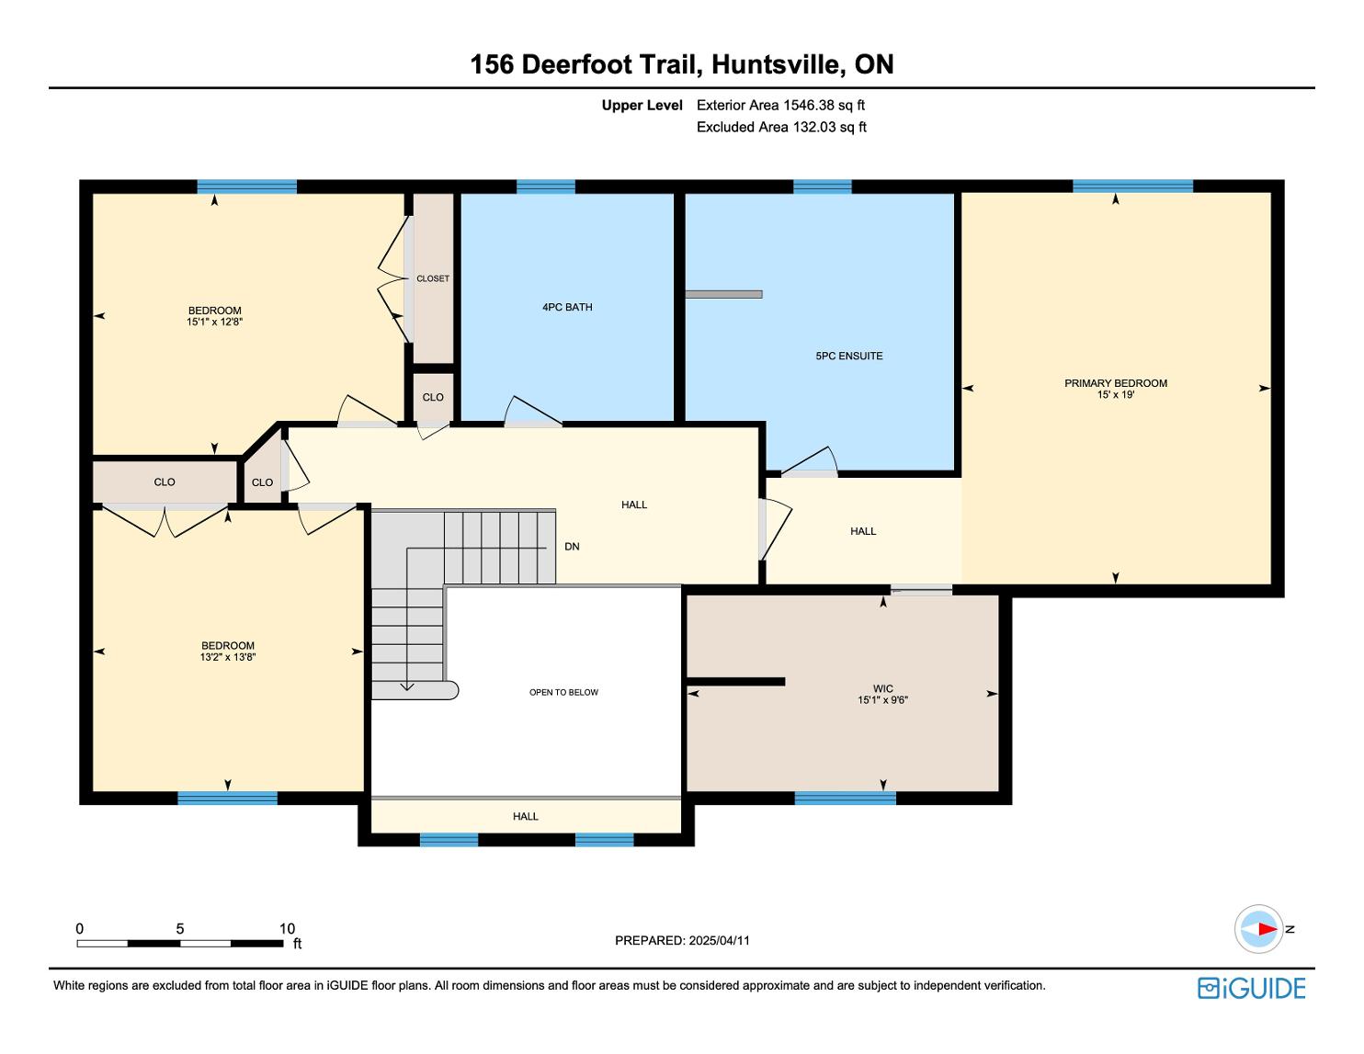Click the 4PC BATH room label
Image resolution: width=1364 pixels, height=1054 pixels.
pyautogui.click(x=567, y=307)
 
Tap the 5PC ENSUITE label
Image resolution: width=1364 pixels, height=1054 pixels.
pyautogui.click(x=848, y=356)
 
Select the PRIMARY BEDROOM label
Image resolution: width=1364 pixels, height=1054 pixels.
pyautogui.click(x=1115, y=383)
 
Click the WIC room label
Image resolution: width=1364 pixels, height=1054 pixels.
pyautogui.click(x=882, y=688)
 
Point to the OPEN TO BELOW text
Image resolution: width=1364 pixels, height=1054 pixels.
pyautogui.click(x=563, y=692)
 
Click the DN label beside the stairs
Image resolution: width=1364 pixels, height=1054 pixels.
pyautogui.click(x=572, y=547)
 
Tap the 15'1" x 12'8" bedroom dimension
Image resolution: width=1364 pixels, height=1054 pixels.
pyautogui.click(x=214, y=323)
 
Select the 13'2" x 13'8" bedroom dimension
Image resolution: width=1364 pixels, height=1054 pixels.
pyautogui.click(x=227, y=658)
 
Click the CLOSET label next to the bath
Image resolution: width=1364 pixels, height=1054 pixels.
pyautogui.click(x=433, y=278)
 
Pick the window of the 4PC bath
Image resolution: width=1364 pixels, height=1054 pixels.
pyautogui.click(x=545, y=187)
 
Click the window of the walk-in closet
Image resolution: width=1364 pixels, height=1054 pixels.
pyautogui.click(x=845, y=798)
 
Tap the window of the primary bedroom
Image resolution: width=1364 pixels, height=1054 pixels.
pyautogui.click(x=1132, y=187)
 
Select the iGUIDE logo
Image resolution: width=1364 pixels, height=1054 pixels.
pyautogui.click(x=1251, y=988)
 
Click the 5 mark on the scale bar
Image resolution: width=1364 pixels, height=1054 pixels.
pyautogui.click(x=180, y=929)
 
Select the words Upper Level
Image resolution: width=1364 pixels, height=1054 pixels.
pyautogui.click(x=642, y=105)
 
